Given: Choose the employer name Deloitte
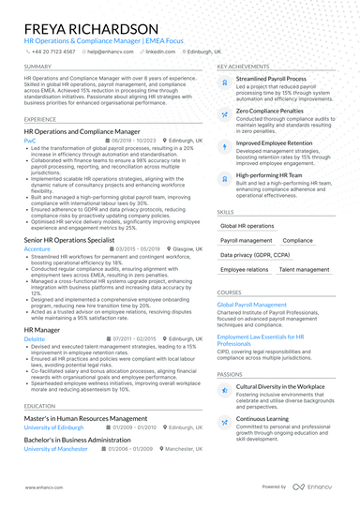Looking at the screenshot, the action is (x=34, y=338).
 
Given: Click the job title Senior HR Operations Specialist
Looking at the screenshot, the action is (x=73, y=240).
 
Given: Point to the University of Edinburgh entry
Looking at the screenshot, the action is (x=54, y=427).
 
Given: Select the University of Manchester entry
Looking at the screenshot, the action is (x=57, y=449).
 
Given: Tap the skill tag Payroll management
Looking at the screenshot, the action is (x=247, y=241).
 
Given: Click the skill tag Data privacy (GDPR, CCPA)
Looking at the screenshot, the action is (x=254, y=255).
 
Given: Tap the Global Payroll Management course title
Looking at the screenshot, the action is (x=252, y=305).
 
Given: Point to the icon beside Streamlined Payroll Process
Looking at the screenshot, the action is (x=224, y=83).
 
